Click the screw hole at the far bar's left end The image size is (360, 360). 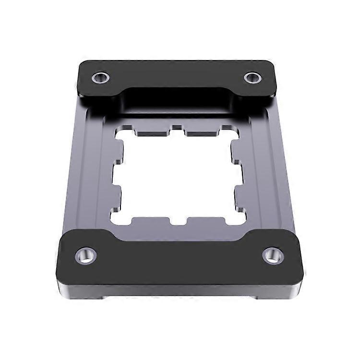[100, 77]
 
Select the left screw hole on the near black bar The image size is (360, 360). [85, 255]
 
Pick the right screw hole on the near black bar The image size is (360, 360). [273, 255]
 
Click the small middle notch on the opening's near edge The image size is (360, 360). [178, 222]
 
